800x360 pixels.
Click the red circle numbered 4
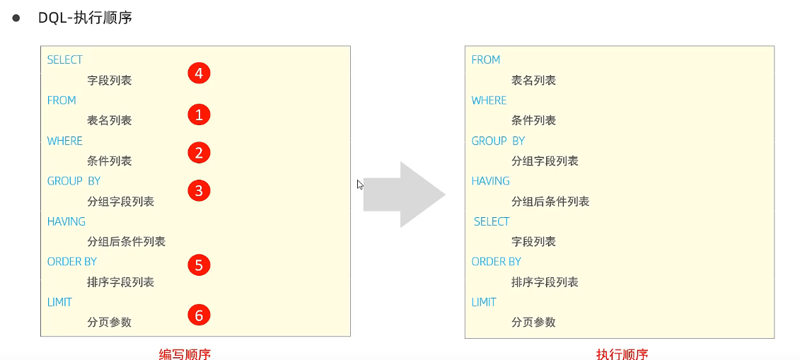pos(199,73)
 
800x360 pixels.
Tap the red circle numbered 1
pos(199,114)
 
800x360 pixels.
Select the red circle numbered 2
pos(199,152)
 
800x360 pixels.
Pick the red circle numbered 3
pos(199,190)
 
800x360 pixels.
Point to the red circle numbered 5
pos(199,265)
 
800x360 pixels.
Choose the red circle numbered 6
pos(199,315)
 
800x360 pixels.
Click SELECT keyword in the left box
pos(65,60)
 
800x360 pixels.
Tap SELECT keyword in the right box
pos(492,221)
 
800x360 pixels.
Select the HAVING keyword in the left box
pos(66,221)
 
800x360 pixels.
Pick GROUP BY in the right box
pos(498,141)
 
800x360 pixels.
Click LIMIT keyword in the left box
pos(59,302)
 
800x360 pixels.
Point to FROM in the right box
pos(486,60)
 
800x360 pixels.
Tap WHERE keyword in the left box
pos(65,141)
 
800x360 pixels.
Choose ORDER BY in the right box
pos(496,262)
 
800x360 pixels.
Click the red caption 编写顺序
pos(185,354)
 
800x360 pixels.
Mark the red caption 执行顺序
pos(622,354)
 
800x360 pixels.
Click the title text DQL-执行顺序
pos(85,18)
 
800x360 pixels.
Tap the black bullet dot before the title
pos(16,18)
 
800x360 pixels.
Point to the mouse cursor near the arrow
pos(360,185)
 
